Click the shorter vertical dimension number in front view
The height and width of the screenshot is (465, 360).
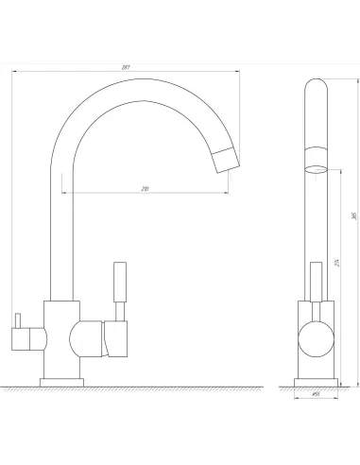[x=336, y=264]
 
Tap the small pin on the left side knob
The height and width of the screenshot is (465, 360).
[x=18, y=317]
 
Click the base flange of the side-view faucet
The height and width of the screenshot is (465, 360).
[x=62, y=381]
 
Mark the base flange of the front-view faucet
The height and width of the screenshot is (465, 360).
[x=316, y=381]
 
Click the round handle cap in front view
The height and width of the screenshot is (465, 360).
[x=316, y=338]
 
